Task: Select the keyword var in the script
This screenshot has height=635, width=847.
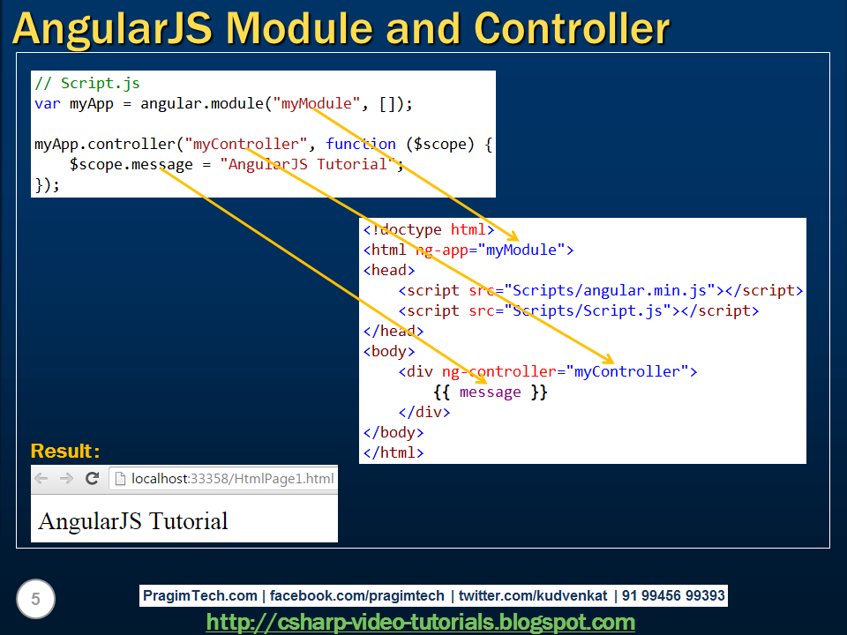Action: click(47, 104)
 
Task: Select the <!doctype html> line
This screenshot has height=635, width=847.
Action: click(429, 230)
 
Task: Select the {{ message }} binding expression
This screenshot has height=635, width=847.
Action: click(491, 392)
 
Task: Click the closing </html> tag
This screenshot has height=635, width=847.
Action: click(394, 452)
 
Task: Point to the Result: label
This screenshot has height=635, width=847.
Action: click(65, 452)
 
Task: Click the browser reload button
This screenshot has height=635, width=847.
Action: click(92, 479)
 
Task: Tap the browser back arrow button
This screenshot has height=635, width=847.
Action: click(41, 479)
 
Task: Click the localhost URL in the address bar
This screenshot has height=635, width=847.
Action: click(232, 479)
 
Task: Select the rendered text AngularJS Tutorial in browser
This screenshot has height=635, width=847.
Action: click(133, 521)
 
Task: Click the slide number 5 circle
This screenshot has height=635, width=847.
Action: click(35, 600)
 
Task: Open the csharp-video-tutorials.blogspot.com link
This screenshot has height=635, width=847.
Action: click(420, 622)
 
